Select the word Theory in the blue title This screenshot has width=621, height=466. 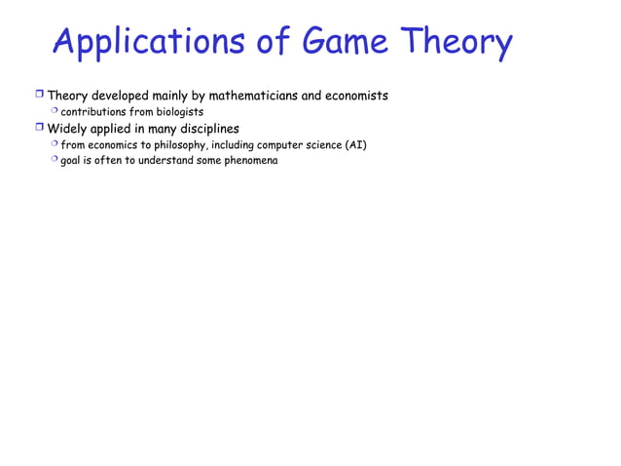456,43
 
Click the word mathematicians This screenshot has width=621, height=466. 251,96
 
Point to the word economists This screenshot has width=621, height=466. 354,96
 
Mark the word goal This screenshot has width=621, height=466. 71,160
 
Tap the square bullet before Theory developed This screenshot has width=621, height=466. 39,96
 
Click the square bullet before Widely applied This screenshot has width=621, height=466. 39,129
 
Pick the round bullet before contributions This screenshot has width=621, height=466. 55,112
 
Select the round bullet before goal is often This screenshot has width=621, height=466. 55,160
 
